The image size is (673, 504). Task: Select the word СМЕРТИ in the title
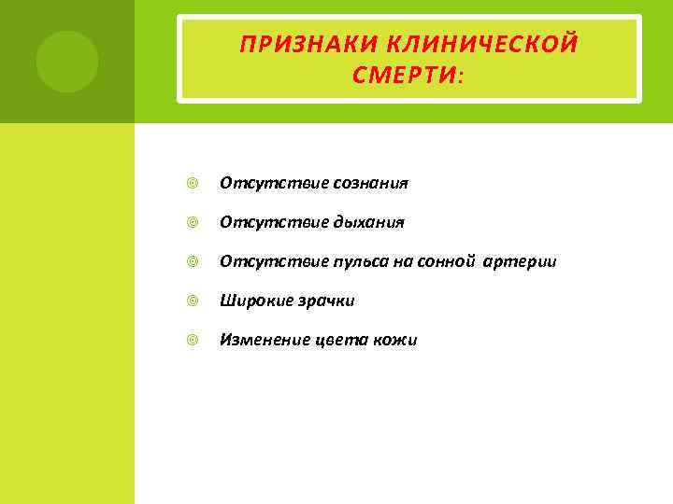click(405, 74)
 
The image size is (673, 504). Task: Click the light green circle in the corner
click(67, 62)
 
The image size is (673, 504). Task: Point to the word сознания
click(370, 183)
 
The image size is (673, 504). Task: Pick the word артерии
click(520, 261)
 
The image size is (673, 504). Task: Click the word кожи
click(396, 340)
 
